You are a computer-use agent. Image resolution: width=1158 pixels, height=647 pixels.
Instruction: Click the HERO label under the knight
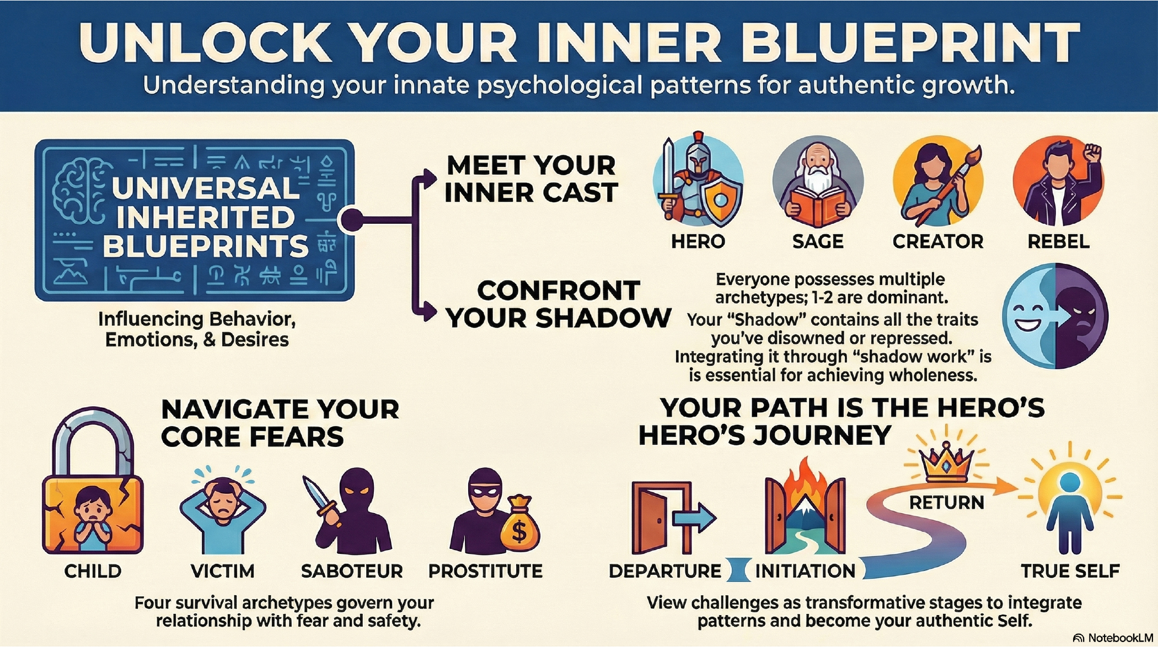point(698,241)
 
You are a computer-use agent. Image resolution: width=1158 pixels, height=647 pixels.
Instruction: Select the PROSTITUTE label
point(485,571)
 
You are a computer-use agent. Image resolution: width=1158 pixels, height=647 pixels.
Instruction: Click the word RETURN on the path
point(946,503)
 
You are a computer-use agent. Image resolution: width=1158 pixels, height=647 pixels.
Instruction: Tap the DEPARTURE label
point(664,571)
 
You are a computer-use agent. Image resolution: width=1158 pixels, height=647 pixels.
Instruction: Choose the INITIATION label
point(805,571)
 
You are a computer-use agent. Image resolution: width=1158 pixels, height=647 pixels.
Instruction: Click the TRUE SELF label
point(1070,571)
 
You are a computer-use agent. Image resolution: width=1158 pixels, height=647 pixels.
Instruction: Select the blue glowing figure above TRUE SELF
point(1069,513)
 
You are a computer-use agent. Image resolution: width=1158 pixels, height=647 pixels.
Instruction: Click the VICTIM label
point(222,571)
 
